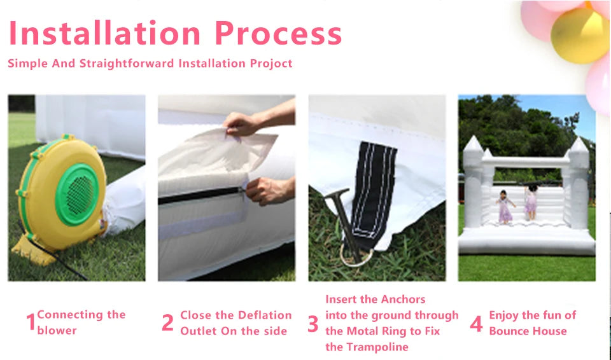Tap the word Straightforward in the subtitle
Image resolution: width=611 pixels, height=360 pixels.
tap(127, 64)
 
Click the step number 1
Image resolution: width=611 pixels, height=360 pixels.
tap(31, 322)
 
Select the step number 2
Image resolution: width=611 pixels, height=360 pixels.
tap(167, 322)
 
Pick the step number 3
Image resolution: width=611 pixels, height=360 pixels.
tap(313, 323)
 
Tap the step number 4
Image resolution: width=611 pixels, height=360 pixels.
tap(477, 323)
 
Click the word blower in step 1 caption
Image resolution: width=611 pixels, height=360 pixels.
tap(57, 330)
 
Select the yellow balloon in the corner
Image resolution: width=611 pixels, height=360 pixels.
tap(580, 36)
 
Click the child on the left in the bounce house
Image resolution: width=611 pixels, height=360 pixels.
tap(505, 207)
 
